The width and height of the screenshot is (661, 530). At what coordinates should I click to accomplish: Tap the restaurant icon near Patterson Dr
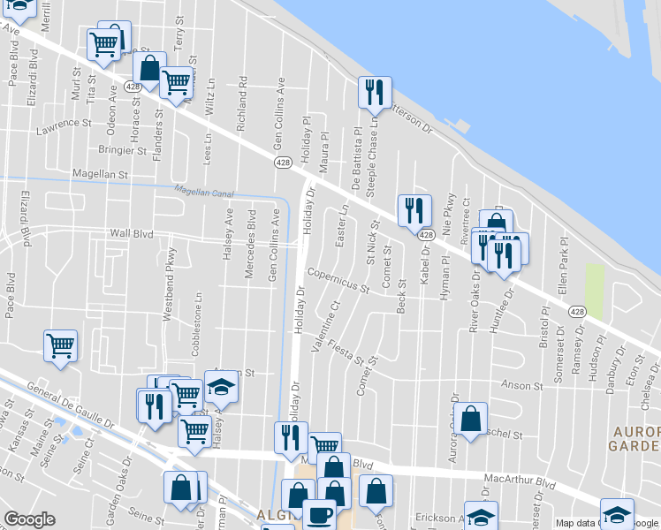coord(374,91)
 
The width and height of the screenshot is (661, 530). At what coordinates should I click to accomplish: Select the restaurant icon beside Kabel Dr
coord(414,209)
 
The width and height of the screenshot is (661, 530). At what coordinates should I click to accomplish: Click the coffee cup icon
coord(318,514)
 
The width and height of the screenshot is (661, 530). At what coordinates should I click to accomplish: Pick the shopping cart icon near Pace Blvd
coord(60,345)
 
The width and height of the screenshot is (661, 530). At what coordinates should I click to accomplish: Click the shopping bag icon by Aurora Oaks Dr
coord(472,419)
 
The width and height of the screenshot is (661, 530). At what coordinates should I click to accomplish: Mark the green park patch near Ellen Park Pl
coord(595,291)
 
